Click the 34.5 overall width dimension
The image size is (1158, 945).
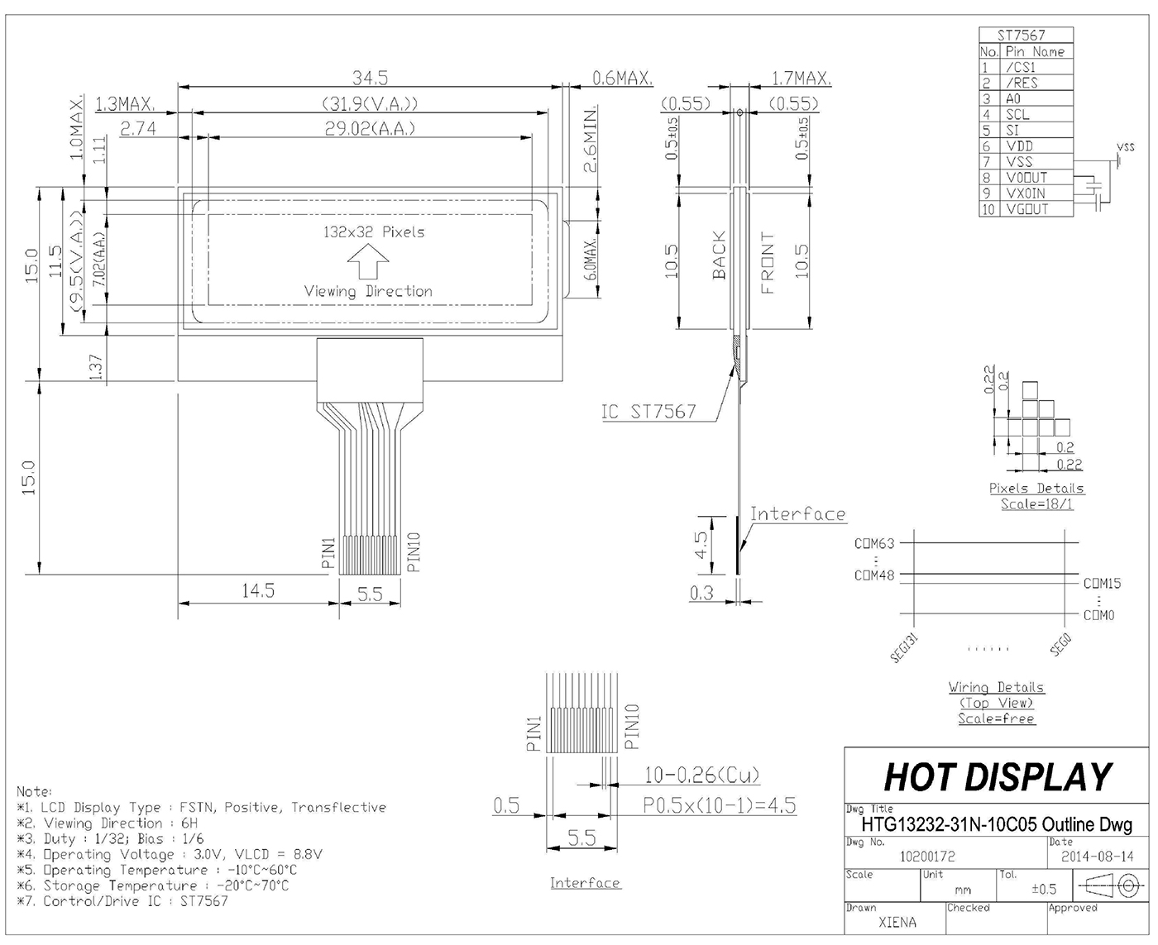click(x=370, y=78)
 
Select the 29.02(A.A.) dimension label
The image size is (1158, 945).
click(x=370, y=129)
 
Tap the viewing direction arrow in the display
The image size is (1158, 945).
click(x=368, y=265)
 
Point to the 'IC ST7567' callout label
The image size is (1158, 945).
click(x=648, y=412)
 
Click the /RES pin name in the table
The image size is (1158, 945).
click(x=1022, y=83)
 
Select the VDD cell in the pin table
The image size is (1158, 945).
click(x=1019, y=146)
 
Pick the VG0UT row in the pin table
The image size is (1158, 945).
click(x=1026, y=209)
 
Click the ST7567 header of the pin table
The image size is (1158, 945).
click(x=1022, y=35)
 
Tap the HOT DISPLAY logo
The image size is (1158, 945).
click(x=998, y=777)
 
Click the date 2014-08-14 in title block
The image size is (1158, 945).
click(x=1098, y=857)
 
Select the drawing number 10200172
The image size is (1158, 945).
click(x=926, y=857)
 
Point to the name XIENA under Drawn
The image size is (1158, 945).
click(x=897, y=922)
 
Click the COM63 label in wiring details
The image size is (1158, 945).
click(x=874, y=544)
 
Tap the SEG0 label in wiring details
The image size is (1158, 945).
click(x=1061, y=645)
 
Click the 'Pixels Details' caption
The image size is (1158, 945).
click(x=1036, y=488)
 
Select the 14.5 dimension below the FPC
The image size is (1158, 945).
click(x=258, y=591)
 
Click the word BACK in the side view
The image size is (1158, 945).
click(x=719, y=255)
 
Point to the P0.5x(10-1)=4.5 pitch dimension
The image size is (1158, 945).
click(x=720, y=805)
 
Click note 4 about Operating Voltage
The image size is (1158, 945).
click(x=170, y=854)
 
